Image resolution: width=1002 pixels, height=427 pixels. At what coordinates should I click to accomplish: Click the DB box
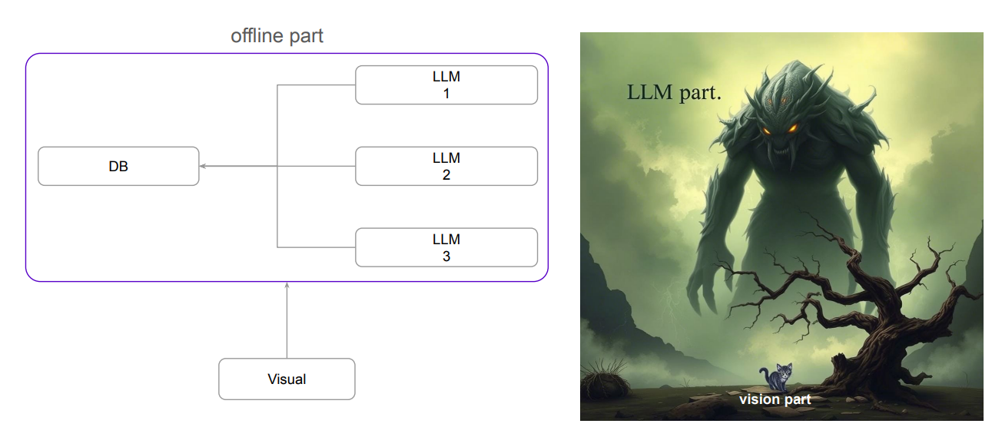pos(118,166)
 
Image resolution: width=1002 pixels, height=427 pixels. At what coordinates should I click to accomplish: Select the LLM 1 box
pos(446,84)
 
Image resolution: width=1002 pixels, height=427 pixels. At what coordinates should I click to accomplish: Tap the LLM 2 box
pos(446,166)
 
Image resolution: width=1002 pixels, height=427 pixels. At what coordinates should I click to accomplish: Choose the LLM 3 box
pos(446,247)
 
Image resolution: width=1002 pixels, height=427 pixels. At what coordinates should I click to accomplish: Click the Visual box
pos(287,379)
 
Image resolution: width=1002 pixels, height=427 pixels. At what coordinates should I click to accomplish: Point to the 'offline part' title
pos(277,36)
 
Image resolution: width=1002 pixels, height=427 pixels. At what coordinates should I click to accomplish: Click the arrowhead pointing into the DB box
pos(203,166)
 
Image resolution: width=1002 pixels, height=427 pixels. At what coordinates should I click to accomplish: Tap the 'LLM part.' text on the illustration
pos(674,94)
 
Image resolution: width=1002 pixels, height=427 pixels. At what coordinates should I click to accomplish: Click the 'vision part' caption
pos(775,399)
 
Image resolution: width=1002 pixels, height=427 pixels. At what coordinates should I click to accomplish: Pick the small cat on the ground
pos(778,376)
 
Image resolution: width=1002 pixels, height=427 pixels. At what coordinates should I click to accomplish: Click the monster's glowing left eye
pos(767,131)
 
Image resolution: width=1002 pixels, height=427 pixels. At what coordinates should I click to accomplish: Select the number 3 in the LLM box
pos(446,257)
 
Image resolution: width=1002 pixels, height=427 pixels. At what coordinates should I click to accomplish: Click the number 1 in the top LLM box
pos(446,94)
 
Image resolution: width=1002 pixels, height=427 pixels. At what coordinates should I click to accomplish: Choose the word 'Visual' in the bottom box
pos(287,379)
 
